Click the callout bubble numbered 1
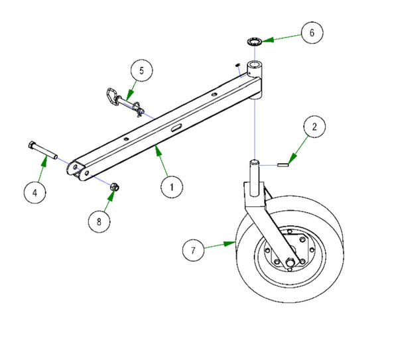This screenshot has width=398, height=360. pyautogui.click(x=172, y=187)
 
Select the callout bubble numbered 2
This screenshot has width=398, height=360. pyautogui.click(x=314, y=127)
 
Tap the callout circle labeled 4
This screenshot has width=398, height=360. pyautogui.click(x=34, y=193)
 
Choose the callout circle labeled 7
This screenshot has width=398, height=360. pyautogui.click(x=193, y=250)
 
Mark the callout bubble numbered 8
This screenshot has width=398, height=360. pyautogui.click(x=99, y=221)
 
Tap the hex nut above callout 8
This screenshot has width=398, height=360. pyautogui.click(x=114, y=188)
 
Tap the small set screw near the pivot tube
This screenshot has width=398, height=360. pyautogui.click(x=237, y=64)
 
